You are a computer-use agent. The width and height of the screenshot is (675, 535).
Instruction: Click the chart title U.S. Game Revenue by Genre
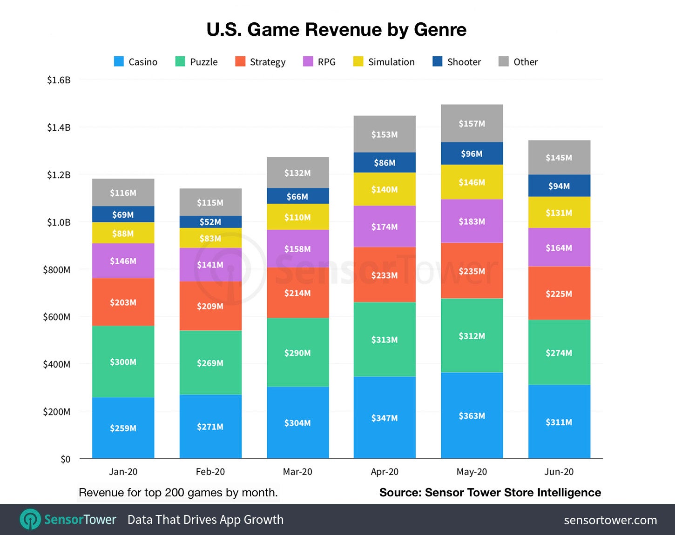(336, 30)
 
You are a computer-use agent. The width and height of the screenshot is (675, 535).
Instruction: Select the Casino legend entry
(135, 62)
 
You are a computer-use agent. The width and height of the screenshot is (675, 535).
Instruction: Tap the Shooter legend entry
(457, 62)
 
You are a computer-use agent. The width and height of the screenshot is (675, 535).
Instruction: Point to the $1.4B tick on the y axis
(59, 127)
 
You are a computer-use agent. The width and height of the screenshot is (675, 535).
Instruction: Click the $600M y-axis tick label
(57, 317)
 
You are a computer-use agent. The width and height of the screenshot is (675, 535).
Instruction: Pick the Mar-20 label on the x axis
(297, 472)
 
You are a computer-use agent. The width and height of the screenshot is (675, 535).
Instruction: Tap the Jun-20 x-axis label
(559, 472)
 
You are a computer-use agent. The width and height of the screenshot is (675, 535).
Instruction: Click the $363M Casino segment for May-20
(472, 415)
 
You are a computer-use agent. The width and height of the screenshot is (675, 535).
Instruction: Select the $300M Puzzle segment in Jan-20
(123, 361)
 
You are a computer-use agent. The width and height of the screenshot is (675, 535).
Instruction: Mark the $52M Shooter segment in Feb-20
(210, 222)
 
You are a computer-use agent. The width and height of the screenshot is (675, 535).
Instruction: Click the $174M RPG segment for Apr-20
(385, 227)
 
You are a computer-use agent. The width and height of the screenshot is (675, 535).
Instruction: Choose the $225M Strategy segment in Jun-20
(559, 294)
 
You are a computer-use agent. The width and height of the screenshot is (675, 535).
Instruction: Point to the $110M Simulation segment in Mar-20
(297, 217)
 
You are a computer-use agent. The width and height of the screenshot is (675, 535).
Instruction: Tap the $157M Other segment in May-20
(472, 123)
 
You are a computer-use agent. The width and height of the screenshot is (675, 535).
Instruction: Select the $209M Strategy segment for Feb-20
(210, 306)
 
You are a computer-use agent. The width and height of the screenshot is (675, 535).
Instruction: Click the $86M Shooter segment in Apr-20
(385, 163)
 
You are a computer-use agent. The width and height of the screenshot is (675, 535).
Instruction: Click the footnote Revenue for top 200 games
(178, 493)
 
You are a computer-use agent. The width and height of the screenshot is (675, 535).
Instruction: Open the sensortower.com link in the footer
(610, 520)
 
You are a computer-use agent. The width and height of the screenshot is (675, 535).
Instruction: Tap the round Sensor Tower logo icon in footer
(30, 519)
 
